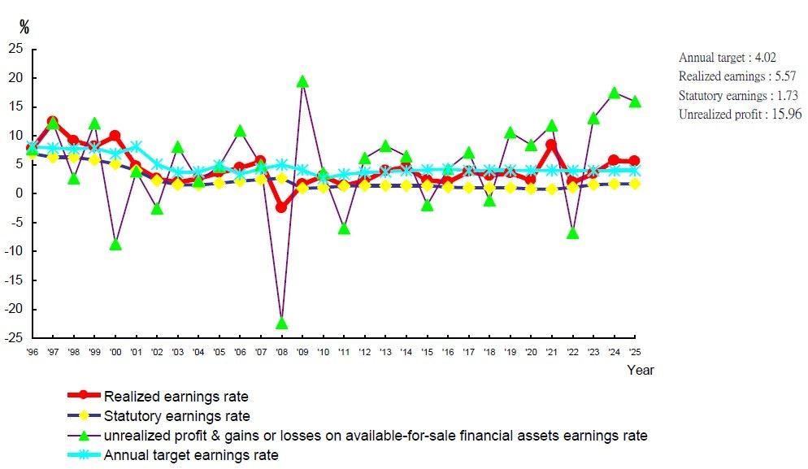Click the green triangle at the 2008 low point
click(282, 324)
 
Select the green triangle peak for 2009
click(302, 81)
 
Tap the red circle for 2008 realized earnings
click(282, 207)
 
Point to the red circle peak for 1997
click(53, 121)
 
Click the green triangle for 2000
click(115, 244)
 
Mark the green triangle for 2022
click(573, 233)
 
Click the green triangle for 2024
click(615, 93)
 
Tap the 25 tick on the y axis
click(15, 49)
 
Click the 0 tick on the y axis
click(19, 193)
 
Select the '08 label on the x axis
click(282, 351)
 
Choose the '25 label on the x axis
click(635, 351)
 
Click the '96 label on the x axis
click(33, 351)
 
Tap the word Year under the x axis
click(640, 370)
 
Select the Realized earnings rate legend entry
click(176, 397)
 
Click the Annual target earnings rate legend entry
click(191, 455)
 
